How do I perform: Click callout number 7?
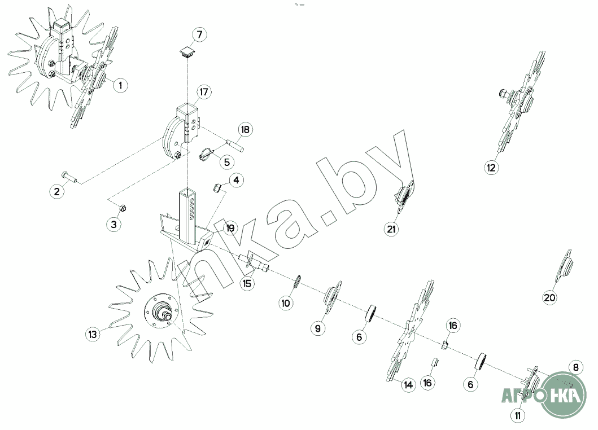(x=199, y=34)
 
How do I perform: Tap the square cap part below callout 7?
(x=187, y=51)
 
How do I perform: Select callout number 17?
(x=204, y=92)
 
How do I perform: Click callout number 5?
(x=227, y=162)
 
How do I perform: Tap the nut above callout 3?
(x=123, y=208)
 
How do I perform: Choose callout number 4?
(x=236, y=180)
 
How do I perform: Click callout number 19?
(x=230, y=228)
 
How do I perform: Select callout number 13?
(x=93, y=334)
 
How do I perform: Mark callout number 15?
(x=247, y=283)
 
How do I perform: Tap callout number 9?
(x=318, y=328)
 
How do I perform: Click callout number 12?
(x=491, y=168)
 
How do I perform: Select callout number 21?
(x=391, y=229)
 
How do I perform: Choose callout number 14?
(x=408, y=385)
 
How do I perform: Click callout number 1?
(x=120, y=85)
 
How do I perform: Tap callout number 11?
(x=517, y=415)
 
